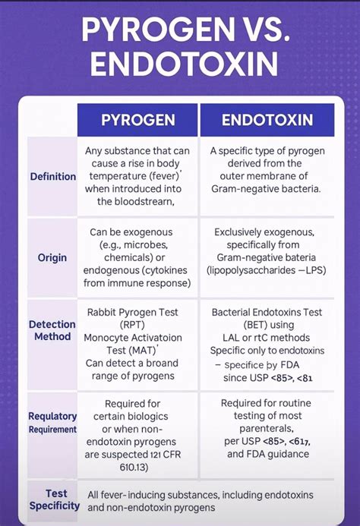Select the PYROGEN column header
[x=138, y=120]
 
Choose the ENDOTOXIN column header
[x=267, y=120]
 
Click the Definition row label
[x=52, y=176]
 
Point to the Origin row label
[x=52, y=258]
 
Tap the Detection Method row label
[x=52, y=329]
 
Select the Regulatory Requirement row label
[x=52, y=422]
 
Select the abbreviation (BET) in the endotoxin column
[x=234, y=324]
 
